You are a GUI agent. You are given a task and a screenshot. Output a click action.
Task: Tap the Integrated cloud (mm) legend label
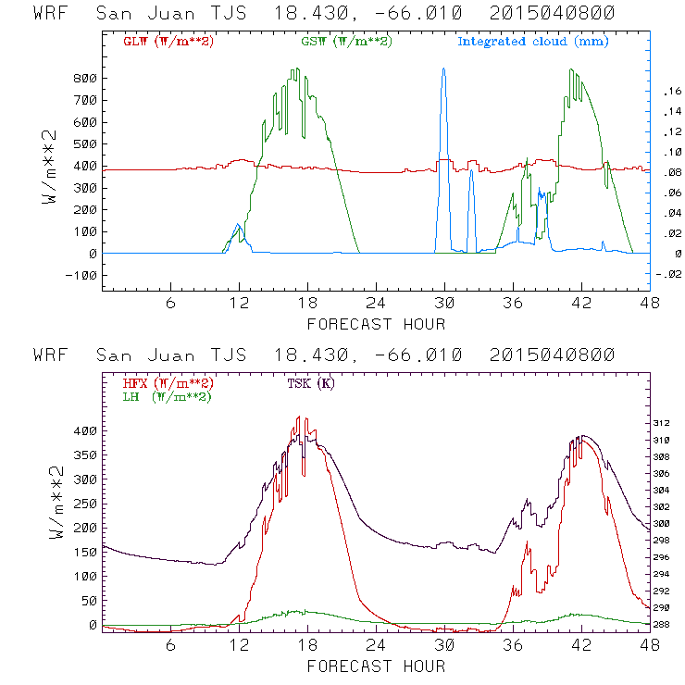tap(534, 42)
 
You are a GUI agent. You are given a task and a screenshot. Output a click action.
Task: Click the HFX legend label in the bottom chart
tap(168, 383)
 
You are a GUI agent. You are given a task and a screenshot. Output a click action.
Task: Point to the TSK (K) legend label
tap(306, 383)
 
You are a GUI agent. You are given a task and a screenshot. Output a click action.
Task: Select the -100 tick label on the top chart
tap(82, 275)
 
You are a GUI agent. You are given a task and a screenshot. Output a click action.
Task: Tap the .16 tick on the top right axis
tap(670, 91)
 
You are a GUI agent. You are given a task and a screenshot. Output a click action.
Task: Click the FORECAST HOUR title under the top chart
tap(376, 324)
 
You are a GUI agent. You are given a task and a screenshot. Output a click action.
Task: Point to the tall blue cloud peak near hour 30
tap(444, 70)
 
